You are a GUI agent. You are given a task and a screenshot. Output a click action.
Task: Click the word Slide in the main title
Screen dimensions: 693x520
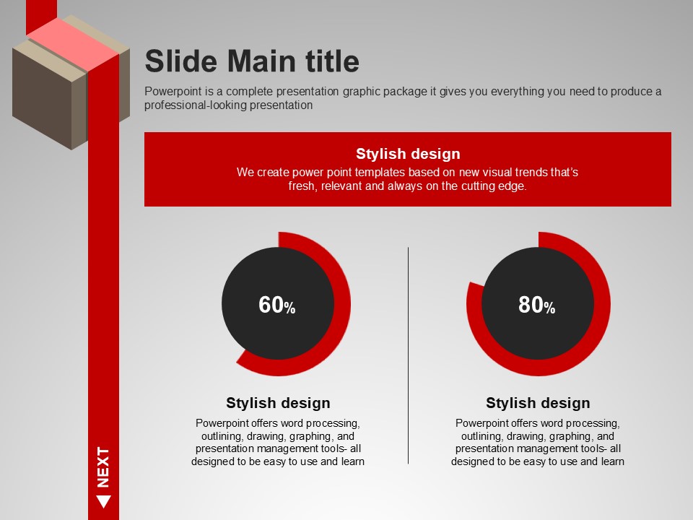coord(181,61)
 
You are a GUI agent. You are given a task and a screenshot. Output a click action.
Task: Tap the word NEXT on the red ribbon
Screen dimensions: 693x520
coord(103,467)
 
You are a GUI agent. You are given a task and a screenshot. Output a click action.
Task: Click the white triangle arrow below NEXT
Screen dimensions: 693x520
coord(103,501)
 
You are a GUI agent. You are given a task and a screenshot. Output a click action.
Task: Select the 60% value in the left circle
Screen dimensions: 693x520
coord(276,305)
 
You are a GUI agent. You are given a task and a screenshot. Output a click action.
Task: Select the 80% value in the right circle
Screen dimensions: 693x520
coord(536,305)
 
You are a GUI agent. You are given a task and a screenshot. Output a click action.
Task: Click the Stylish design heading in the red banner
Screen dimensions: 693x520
coord(408,153)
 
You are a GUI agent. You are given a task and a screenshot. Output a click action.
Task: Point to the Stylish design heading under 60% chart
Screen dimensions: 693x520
coord(278,403)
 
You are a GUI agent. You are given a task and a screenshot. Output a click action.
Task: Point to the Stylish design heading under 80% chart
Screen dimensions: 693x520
coord(538,403)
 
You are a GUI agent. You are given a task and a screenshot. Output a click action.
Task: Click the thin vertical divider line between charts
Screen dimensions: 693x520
coord(408,355)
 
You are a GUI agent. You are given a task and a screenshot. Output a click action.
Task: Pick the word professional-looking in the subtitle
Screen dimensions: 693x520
coord(195,105)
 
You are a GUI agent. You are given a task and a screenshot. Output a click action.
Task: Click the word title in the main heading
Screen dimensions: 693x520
coord(332,61)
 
